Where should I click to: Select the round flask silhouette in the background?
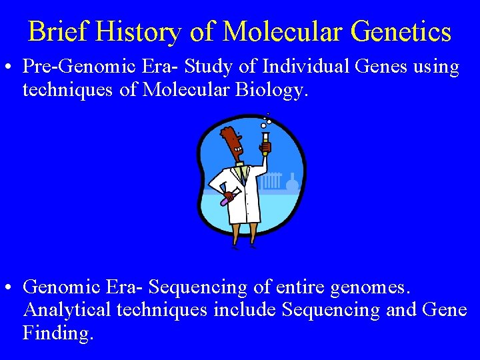(292, 181)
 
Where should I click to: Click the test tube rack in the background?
(273, 181)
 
